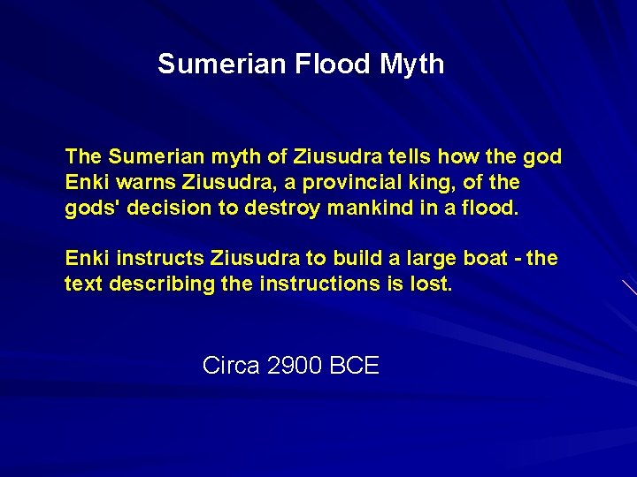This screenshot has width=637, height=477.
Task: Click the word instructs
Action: [161, 259]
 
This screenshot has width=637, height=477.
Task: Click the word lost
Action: [432, 284]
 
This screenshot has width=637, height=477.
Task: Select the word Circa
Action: [231, 365]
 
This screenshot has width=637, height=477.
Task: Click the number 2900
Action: [295, 365]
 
